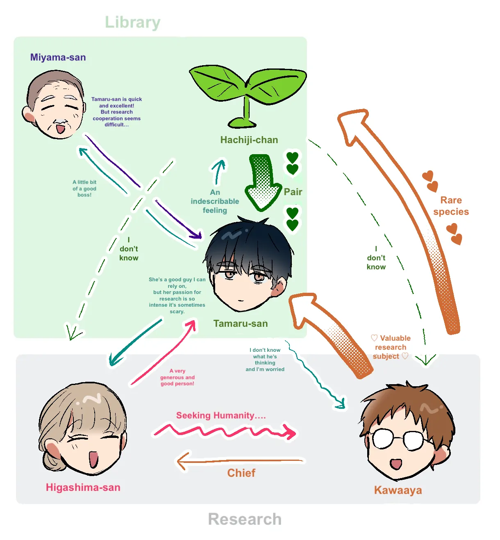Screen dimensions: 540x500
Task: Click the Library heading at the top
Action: click(x=132, y=22)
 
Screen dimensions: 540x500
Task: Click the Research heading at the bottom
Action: click(x=245, y=519)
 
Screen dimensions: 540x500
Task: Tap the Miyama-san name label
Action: click(x=58, y=57)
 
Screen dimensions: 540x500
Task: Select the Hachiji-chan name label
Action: click(x=249, y=140)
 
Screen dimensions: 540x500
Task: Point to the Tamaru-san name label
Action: click(x=240, y=324)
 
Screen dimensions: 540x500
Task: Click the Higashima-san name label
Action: click(x=83, y=487)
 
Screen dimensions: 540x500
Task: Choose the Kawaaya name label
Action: click(x=398, y=490)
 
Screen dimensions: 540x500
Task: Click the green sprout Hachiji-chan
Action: click(x=247, y=94)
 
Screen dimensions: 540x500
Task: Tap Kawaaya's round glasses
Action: click(x=398, y=439)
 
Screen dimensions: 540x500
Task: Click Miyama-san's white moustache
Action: click(x=61, y=122)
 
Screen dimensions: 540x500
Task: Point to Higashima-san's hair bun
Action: click(x=52, y=455)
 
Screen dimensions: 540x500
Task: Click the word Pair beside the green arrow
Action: click(x=293, y=192)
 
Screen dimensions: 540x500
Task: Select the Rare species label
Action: click(x=451, y=206)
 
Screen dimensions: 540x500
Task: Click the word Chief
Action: click(x=241, y=473)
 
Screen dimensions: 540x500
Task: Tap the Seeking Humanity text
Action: click(x=221, y=415)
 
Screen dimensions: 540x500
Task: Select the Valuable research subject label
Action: click(x=390, y=347)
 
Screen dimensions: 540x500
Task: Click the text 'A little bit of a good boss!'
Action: click(x=84, y=189)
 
